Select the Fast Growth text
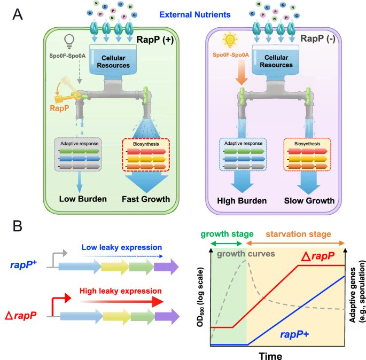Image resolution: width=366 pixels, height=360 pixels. pyautogui.click(x=145, y=200)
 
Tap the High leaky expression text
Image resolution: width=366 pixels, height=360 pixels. pyautogui.click(x=120, y=291)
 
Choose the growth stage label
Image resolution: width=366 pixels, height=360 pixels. pyautogui.click(x=222, y=233)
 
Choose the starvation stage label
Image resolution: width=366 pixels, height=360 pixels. pyautogui.click(x=295, y=233)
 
